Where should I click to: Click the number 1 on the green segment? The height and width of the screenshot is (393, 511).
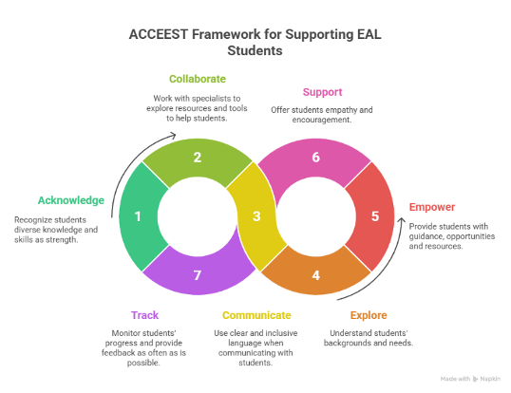[138, 216]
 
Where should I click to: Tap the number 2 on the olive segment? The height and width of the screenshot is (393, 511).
[197, 157]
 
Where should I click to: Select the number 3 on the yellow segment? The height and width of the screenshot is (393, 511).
[255, 216]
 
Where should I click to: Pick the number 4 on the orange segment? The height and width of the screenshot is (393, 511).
[316, 275]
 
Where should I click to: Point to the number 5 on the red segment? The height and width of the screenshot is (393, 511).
[374, 216]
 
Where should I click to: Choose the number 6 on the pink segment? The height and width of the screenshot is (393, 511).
[315, 157]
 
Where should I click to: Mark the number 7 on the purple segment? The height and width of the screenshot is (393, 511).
[197, 275]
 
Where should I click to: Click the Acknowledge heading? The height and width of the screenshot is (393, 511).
[71, 200]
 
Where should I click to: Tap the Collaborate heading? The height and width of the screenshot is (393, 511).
[198, 79]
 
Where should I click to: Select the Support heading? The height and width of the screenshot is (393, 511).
[322, 92]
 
